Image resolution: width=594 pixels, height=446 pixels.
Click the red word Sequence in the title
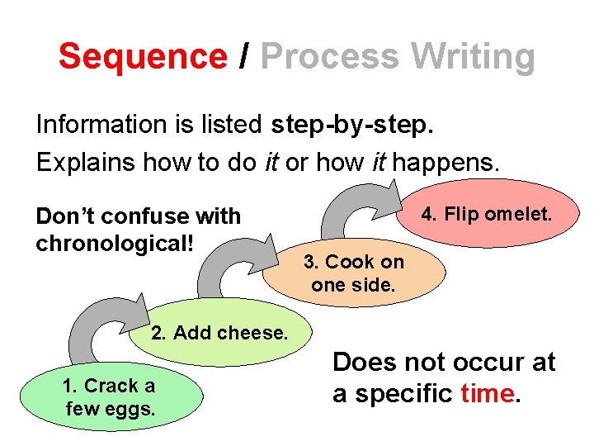tap(142, 56)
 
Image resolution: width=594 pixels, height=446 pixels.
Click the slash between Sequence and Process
tap(243, 56)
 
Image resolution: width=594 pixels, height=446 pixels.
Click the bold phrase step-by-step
tap(351, 125)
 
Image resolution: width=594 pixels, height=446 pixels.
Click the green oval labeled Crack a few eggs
tap(109, 397)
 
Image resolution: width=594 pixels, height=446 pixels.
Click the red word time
tap(488, 394)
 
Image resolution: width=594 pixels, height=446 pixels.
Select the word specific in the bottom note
tap(403, 394)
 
